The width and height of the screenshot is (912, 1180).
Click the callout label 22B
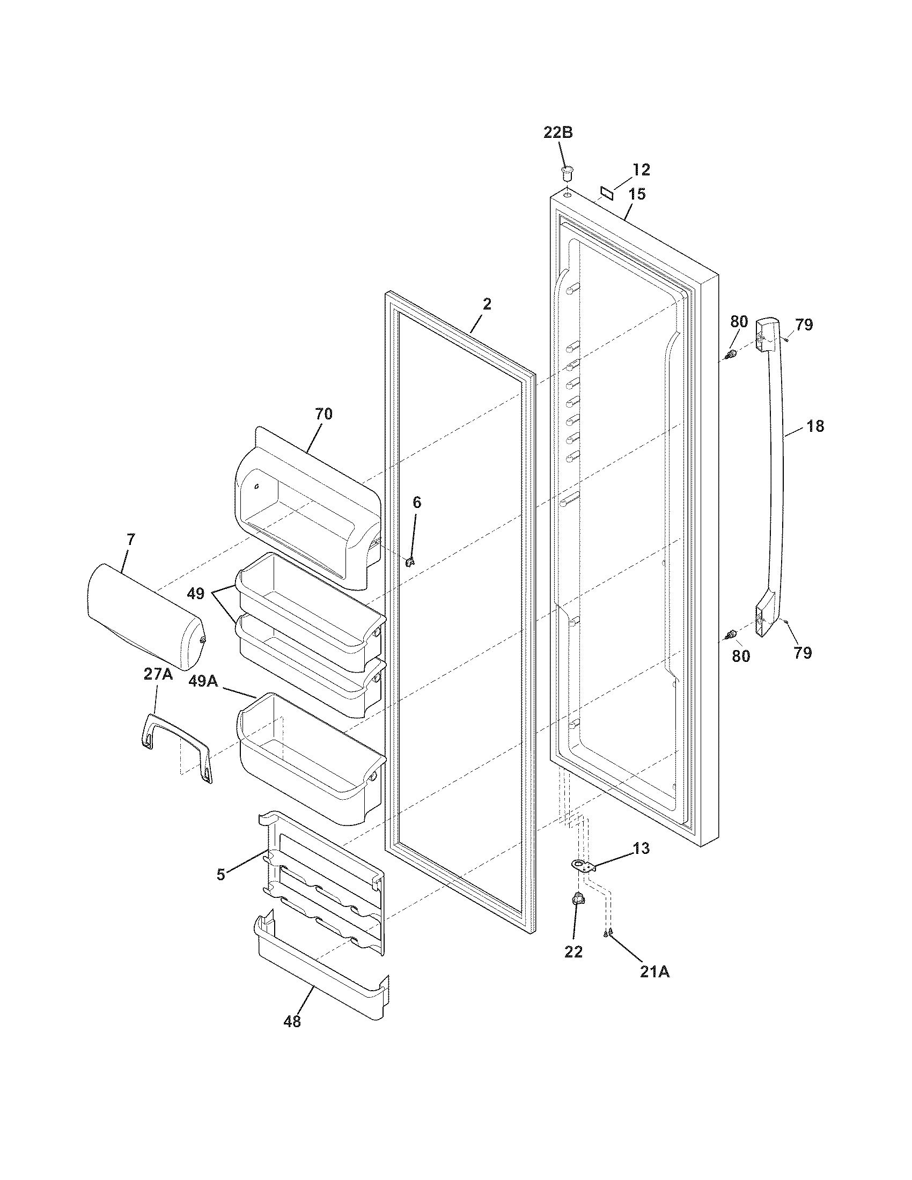[x=557, y=133]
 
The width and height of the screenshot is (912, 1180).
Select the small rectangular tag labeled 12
[x=607, y=193]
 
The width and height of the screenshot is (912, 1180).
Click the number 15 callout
[x=637, y=195]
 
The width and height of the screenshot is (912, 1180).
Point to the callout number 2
[x=487, y=305]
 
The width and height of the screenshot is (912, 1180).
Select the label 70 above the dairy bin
[x=323, y=415]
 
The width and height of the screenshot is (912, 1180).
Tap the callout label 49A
[x=203, y=682]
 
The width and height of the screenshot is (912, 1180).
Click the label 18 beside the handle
[x=815, y=427]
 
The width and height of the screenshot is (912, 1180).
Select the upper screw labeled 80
[x=731, y=355]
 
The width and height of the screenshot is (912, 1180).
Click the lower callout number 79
[x=803, y=653]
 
